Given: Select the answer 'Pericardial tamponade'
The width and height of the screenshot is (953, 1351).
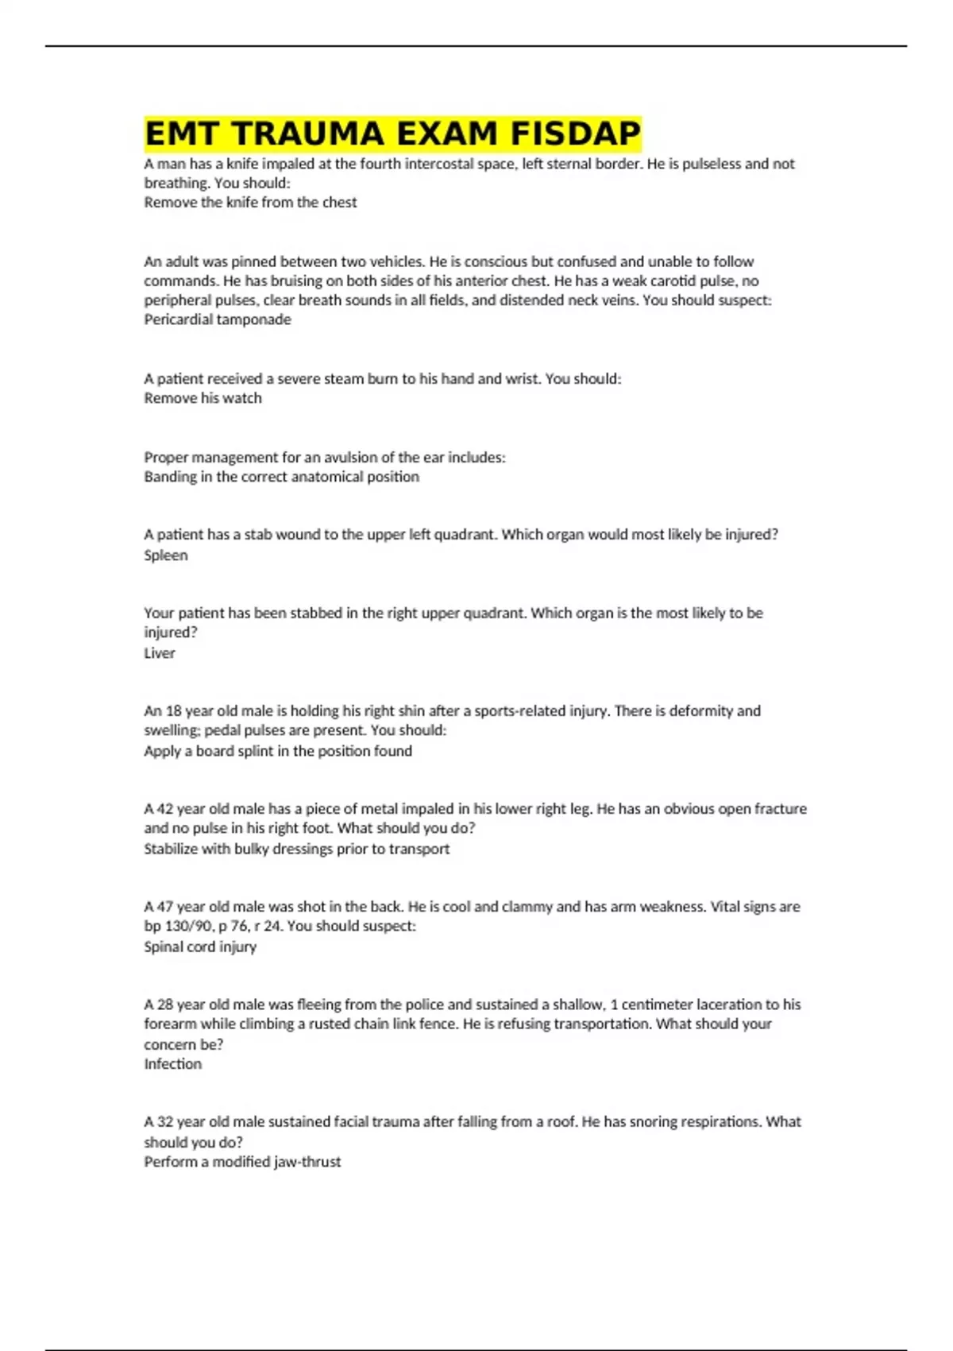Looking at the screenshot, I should [218, 319].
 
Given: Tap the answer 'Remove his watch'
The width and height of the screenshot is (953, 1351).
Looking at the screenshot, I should [203, 398].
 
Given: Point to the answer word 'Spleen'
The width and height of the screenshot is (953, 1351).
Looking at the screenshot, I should [166, 555].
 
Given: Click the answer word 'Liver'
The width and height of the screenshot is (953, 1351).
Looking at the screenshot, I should [160, 653].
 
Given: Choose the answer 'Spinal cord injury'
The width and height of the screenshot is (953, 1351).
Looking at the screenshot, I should [200, 947].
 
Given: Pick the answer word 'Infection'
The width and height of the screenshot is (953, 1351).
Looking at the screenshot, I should [172, 1064].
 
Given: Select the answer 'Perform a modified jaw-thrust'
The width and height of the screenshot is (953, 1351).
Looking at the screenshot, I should [242, 1162].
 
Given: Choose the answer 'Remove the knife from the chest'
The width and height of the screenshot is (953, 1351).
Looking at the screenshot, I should [250, 203].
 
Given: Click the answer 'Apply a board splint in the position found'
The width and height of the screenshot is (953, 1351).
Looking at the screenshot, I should [278, 751].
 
